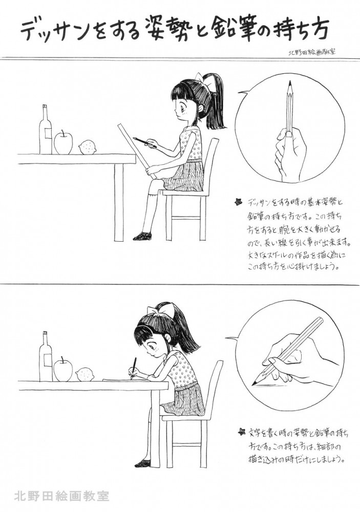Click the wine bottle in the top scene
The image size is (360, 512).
pyautogui.click(x=46, y=130)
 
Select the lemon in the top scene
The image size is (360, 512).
pyautogui.click(x=88, y=147)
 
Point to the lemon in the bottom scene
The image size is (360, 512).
pyautogui.click(x=86, y=375)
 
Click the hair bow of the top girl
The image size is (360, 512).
pyautogui.click(x=205, y=78)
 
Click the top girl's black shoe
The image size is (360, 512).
pyautogui.click(x=142, y=236)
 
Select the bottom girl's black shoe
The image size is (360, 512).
pyautogui.click(x=143, y=463)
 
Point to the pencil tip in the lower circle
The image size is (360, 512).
pyautogui.click(x=253, y=382)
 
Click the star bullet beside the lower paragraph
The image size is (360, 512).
pyautogui.click(x=241, y=431)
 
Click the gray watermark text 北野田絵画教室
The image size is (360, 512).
pyautogui.click(x=61, y=496)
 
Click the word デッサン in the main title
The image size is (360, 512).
pyautogui.click(x=58, y=32)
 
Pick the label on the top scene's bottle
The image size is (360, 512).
pyautogui.click(x=48, y=134)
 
